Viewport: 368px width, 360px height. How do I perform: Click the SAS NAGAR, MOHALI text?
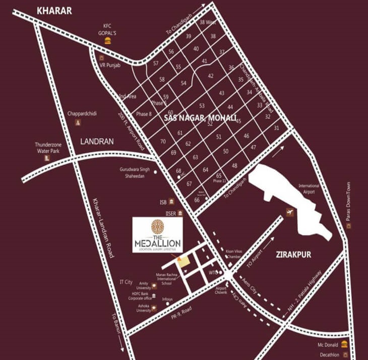pyautogui.click(x=200, y=117)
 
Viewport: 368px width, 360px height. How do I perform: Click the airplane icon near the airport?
pyautogui.click(x=290, y=211)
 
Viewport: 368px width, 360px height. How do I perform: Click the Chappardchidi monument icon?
pyautogui.click(x=78, y=123)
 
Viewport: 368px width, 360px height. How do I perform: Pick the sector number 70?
pyautogui.click(x=163, y=142)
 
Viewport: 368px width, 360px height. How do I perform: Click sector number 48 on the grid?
pyautogui.click(x=234, y=166)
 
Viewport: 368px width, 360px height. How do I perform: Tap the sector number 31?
pyautogui.click(x=276, y=128)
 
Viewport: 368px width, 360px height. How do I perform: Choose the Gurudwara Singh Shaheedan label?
pyautogui.click(x=135, y=172)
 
